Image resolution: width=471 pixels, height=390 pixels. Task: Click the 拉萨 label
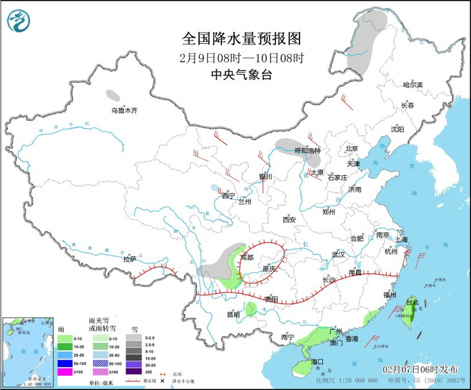pos(129,259)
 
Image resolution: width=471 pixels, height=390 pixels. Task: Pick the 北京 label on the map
pos(351,148)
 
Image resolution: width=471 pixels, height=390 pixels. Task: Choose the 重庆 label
pos(268,269)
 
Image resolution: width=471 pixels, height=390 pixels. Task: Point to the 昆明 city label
pos(233,314)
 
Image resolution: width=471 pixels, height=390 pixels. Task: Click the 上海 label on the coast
pos(402,240)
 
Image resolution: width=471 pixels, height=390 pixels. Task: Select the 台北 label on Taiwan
pos(412,302)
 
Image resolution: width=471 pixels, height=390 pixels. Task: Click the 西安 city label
pos(289,220)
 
